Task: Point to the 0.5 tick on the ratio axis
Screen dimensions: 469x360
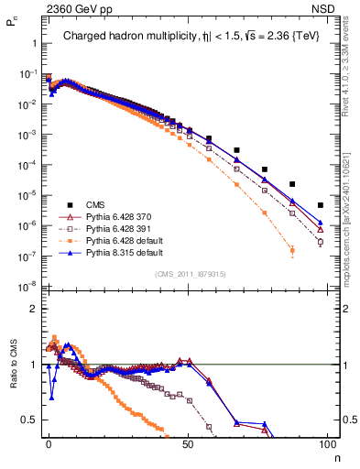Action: click(x=27, y=420)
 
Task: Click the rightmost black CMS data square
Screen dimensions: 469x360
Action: click(x=320, y=205)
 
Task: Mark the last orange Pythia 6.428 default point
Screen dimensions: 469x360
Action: click(x=292, y=250)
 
